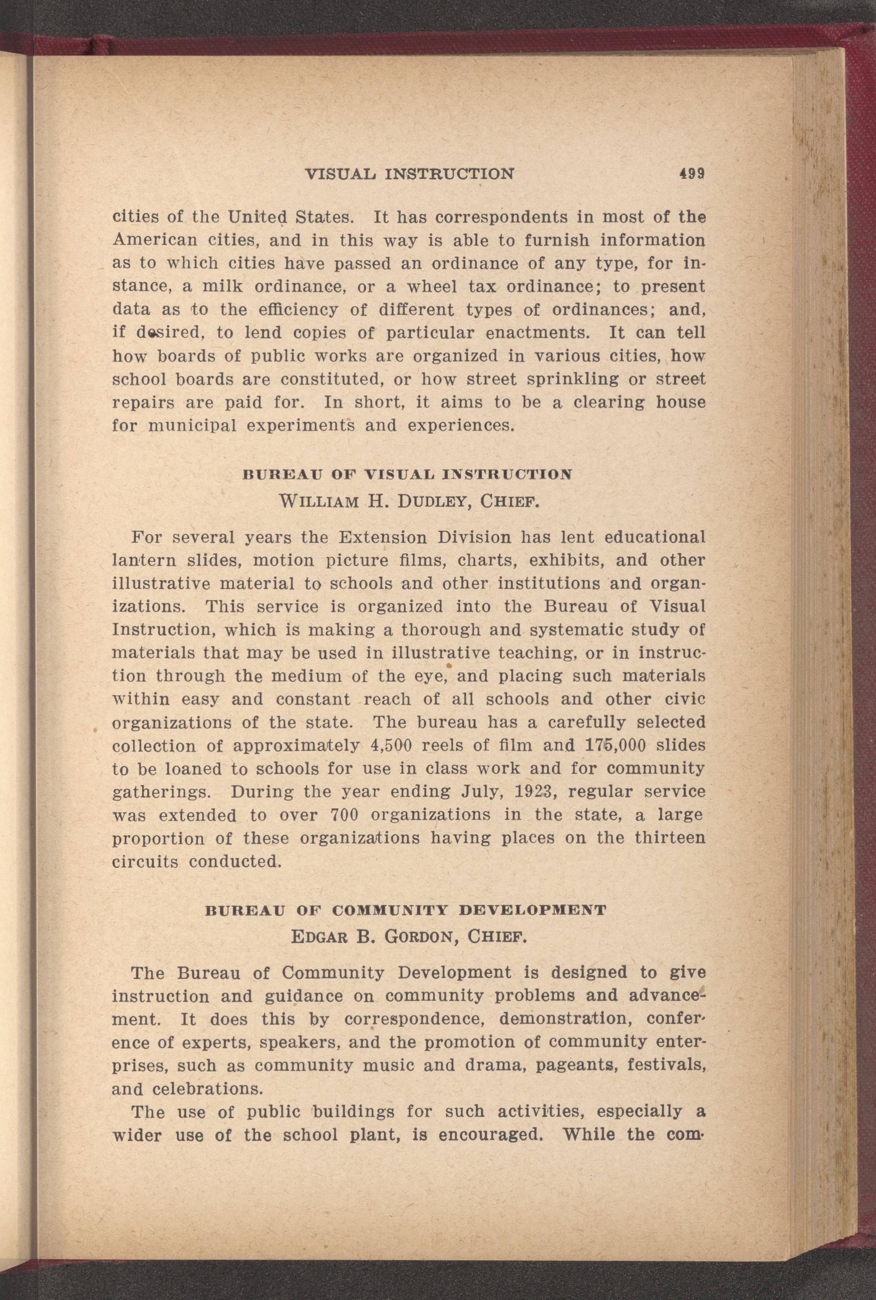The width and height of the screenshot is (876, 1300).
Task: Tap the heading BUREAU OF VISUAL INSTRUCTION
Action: point(407,475)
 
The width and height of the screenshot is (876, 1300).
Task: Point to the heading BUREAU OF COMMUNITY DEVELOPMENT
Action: point(406,910)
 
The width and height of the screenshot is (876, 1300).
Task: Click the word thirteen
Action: point(670,838)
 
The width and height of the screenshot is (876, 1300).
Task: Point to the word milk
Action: point(221,287)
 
